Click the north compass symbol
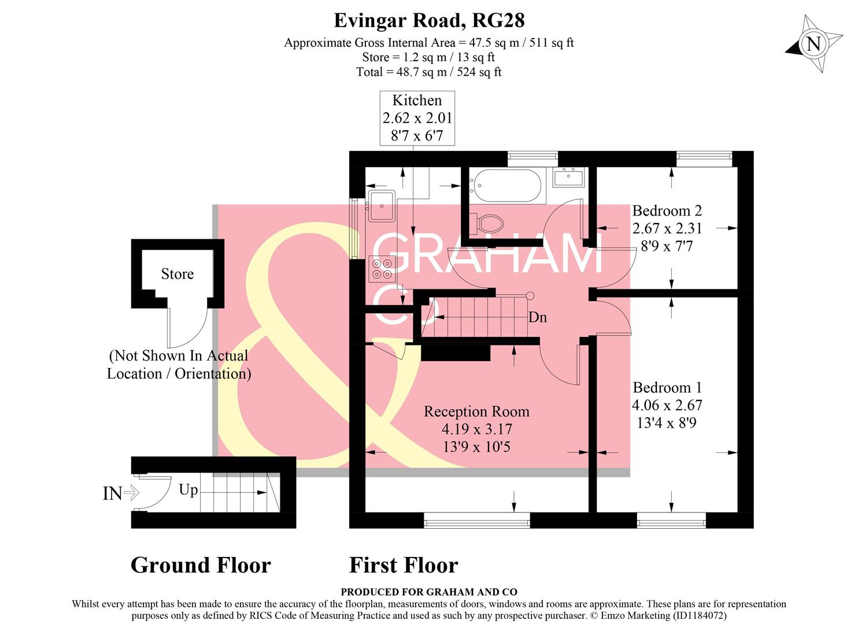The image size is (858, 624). coord(813,44)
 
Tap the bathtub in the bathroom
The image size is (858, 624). coord(505,185)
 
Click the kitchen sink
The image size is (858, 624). coord(382,206)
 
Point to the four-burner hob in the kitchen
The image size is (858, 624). coord(382,269)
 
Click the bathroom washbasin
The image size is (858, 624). coord(569,177)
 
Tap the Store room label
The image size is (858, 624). coord(177,274)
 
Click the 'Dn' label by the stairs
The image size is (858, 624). coord(538,317)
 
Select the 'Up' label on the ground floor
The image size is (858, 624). coord(188,490)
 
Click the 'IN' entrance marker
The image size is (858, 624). coord(113,493)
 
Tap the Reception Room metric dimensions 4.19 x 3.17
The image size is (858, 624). coord(476,429)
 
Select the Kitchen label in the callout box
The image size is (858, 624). coord(417,100)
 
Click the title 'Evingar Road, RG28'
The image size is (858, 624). coord(429,20)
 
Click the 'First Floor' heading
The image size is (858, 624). coord(404,565)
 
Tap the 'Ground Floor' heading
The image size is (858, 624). coord(201,565)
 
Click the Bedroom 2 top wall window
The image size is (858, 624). coord(704,157)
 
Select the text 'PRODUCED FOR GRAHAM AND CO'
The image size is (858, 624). coord(428,592)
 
